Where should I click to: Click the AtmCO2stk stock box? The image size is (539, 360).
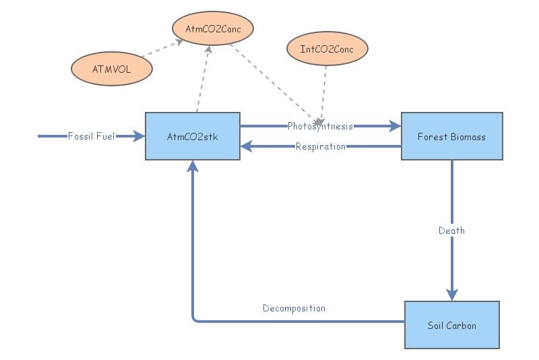point(193,136)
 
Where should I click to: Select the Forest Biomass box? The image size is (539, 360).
point(451,136)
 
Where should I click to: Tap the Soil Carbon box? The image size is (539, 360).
point(451,325)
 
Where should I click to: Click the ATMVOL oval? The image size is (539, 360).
point(111,68)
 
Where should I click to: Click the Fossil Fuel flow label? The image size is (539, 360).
point(91,136)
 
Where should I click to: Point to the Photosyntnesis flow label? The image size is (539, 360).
point(320,126)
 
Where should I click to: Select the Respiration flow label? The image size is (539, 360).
point(321,146)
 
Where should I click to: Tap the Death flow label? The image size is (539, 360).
point(451,231)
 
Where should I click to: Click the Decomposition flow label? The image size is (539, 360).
point(294,308)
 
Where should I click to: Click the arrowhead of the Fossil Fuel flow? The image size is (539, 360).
point(139,136)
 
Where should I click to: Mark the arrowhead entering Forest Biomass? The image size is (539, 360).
point(395,126)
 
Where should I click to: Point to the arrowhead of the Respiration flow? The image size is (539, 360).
point(247,146)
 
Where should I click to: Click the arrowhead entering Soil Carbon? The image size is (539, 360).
point(451,295)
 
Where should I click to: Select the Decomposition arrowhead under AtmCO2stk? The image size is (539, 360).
point(193,167)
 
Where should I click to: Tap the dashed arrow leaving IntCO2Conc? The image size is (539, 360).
point(324,91)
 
